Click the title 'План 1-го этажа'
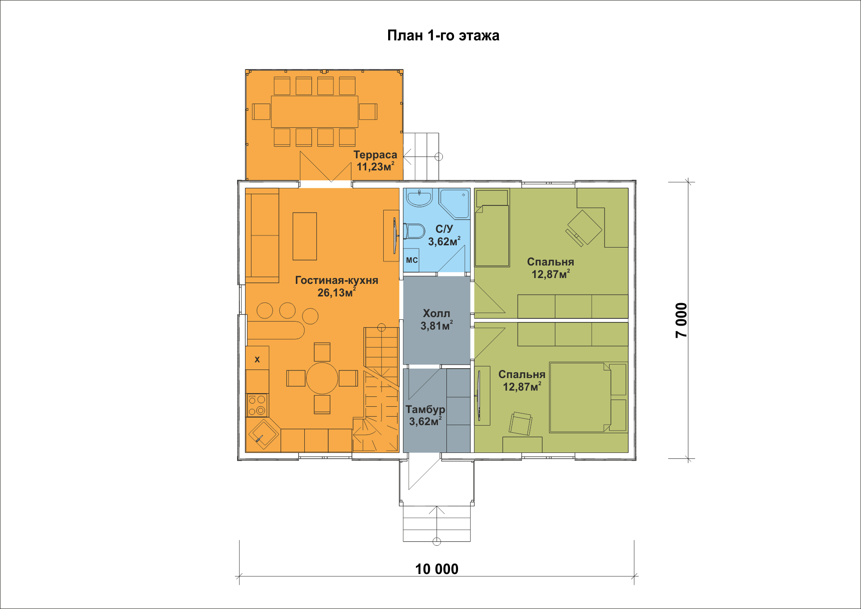(443, 35)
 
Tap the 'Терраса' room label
(375, 155)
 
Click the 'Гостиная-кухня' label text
(337, 280)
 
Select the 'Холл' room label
(437, 313)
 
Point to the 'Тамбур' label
(425, 409)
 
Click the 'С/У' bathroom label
(444, 229)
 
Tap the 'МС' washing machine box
(411, 260)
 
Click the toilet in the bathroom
(414, 231)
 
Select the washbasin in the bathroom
(419, 197)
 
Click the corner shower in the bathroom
(454, 204)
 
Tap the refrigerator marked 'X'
(257, 358)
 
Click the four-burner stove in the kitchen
(257, 405)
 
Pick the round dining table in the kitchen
(322, 378)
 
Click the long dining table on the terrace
(315, 112)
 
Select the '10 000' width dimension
(437, 569)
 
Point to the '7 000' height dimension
(681, 320)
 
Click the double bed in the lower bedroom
(580, 397)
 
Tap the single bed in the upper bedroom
(492, 229)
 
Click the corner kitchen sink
(263, 434)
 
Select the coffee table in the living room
(305, 236)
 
